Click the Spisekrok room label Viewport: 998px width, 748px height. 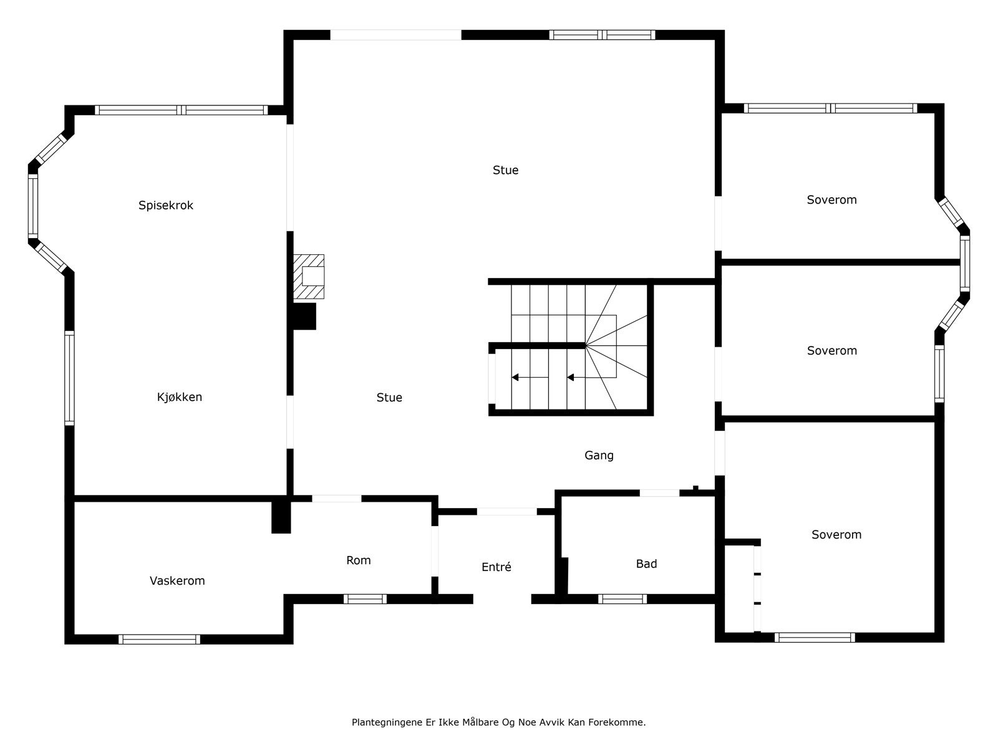[x=166, y=205]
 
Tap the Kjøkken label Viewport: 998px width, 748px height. [x=180, y=397]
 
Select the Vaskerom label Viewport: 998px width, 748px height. [x=177, y=580]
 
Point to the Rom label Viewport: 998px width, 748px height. [x=358, y=560]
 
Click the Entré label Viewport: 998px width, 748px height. [x=497, y=567]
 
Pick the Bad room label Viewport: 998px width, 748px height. [x=647, y=563]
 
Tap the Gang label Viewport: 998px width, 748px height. [x=599, y=456]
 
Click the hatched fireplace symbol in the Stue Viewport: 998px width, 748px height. [x=309, y=277]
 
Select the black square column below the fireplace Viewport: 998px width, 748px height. [x=304, y=316]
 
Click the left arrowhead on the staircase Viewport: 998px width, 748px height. [x=515, y=377]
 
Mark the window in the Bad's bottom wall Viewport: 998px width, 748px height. [x=623, y=599]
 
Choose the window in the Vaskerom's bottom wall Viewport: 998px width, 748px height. [x=159, y=640]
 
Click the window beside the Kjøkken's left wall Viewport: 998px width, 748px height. [x=69, y=378]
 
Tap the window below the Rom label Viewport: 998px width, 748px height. [x=365, y=599]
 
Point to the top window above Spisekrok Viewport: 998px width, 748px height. [x=182, y=110]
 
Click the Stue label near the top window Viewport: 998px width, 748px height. [x=506, y=170]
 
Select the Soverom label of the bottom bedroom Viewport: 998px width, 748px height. [x=836, y=535]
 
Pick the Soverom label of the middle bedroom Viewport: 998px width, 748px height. [x=832, y=350]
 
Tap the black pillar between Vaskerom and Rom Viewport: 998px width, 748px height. [x=281, y=517]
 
